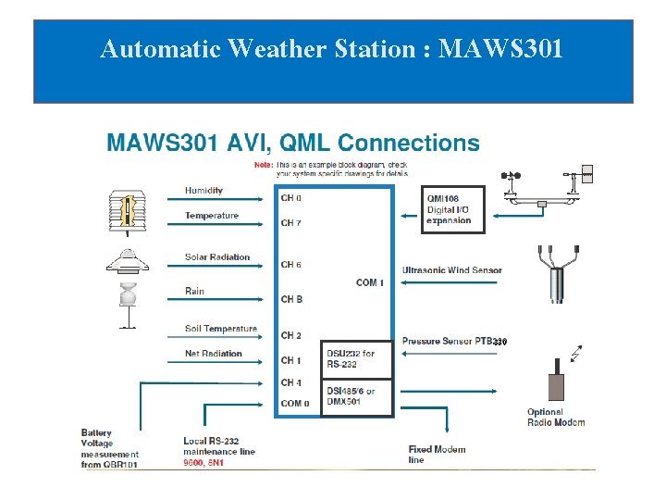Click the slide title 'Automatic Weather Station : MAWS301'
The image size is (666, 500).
pos(331,48)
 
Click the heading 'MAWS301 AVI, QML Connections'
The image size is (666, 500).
pos(293,144)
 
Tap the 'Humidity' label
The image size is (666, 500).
pos(203,191)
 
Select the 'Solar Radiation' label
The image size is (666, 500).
pos(217,257)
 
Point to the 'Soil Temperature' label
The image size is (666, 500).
pos(221,329)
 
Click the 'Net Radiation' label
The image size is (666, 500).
pos(214,354)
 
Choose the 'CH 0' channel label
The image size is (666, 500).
pos(291,198)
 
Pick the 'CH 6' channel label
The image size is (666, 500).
pos(291,265)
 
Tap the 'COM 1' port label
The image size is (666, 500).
pos(370,282)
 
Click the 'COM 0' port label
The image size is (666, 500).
pos(295,404)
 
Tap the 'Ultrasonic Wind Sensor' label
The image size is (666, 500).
pos(452,270)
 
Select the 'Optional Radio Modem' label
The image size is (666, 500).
pos(556,418)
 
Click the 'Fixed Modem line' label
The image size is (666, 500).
pos(437,454)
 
